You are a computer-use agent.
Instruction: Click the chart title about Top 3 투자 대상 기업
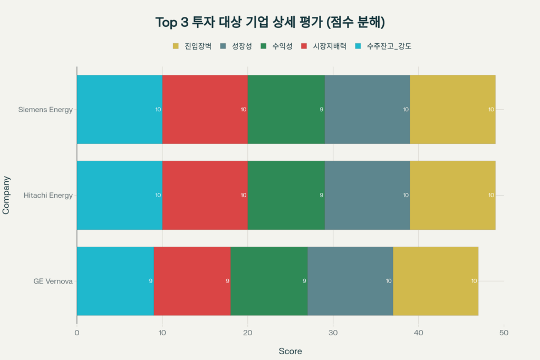tap(270, 22)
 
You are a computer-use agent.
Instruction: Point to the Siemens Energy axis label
tap(45, 110)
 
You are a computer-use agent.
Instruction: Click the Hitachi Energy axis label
tap(48, 195)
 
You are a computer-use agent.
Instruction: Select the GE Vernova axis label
tap(53, 281)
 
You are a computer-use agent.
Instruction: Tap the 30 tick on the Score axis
tap(333, 333)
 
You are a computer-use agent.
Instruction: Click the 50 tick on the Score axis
tap(504, 333)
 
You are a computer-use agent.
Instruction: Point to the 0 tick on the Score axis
tap(77, 333)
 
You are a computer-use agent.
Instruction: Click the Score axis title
tap(290, 351)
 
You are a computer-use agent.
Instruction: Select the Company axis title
tap(6, 195)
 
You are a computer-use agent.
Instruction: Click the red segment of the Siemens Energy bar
tap(205, 110)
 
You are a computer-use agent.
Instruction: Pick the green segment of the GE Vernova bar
tap(269, 281)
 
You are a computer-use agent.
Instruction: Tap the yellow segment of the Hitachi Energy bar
tap(452, 195)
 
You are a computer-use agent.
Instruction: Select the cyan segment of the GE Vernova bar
tap(115, 281)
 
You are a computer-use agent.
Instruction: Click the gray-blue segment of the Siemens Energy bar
tap(367, 110)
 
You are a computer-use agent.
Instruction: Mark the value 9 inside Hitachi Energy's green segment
tap(321, 195)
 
